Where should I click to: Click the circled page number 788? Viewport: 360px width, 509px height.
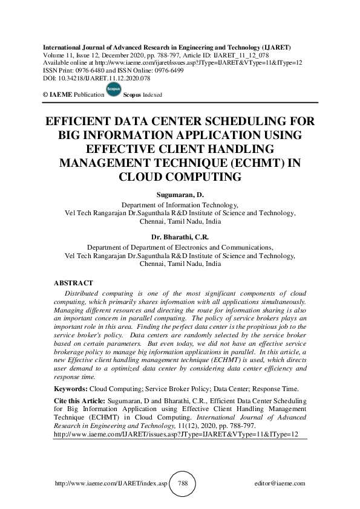click(x=182, y=484)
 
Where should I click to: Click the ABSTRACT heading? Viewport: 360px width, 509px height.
click(x=74, y=283)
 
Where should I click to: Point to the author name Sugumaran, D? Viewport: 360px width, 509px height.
click(x=180, y=196)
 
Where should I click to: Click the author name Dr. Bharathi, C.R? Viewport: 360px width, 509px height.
click(x=180, y=238)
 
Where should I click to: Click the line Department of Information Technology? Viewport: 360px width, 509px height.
click(x=180, y=205)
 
